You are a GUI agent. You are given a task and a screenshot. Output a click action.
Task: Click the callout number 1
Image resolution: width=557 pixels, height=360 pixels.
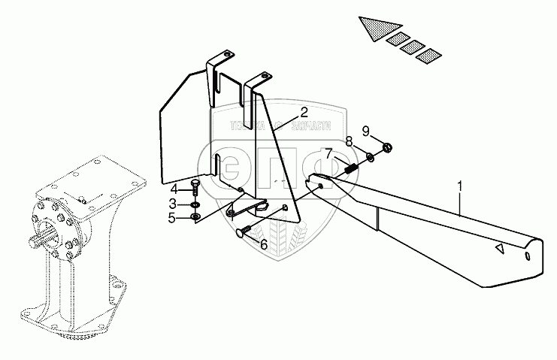(459, 183)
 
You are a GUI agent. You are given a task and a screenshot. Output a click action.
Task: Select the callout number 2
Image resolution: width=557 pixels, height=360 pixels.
(304, 112)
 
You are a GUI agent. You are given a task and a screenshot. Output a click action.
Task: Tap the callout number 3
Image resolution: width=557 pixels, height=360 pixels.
(172, 203)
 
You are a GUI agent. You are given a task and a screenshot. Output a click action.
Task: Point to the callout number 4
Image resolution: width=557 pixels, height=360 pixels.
(172, 188)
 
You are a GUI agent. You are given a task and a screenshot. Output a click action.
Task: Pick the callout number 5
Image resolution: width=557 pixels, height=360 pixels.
(172, 219)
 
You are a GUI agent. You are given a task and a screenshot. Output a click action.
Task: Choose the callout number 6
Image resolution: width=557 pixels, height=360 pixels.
(264, 244)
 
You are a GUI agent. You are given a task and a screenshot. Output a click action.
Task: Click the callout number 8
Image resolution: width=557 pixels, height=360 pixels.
(350, 141)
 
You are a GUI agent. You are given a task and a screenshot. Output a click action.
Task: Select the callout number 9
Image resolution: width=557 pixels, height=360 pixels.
(366, 131)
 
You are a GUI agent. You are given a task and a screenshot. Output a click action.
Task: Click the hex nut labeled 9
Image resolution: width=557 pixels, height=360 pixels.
(386, 147)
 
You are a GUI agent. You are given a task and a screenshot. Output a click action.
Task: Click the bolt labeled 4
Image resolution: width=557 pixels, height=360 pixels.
(195, 190)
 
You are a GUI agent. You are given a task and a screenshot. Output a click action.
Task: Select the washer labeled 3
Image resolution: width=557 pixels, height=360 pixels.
(195, 204)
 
